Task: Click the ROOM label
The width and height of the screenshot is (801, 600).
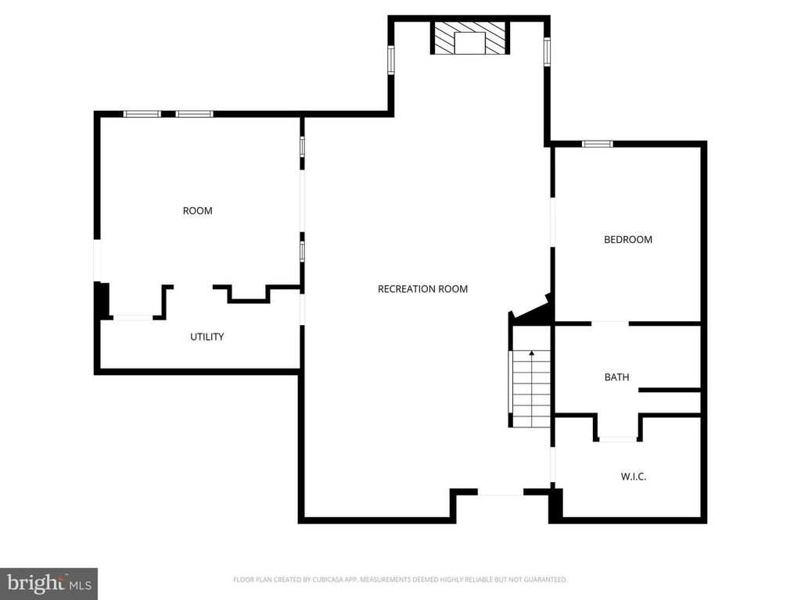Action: coord(198,211)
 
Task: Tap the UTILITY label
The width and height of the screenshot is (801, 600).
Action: coord(207,337)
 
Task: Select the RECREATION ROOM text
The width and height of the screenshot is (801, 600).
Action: coord(422,289)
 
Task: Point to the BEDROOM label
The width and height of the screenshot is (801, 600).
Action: coord(628,239)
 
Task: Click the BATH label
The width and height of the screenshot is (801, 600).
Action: coord(616,377)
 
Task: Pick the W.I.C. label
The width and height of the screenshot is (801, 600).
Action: coord(634,477)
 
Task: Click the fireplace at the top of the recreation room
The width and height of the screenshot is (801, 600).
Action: coord(470,37)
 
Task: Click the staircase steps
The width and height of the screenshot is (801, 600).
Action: coord(531,389)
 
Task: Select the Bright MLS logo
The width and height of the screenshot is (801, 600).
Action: coord(49,584)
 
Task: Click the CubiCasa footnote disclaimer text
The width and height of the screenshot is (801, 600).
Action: coord(400,580)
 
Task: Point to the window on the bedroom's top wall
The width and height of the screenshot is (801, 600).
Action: coord(597,144)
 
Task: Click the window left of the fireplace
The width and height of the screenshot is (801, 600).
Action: coord(391,59)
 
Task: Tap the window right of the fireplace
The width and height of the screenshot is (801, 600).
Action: coord(547,52)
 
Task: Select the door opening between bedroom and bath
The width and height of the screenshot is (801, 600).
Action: coord(610,323)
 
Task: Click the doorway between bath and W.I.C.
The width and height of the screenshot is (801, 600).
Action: coord(618,438)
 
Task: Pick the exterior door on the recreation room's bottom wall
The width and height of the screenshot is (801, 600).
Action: coord(501,492)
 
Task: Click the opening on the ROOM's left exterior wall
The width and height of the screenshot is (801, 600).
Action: coord(97,260)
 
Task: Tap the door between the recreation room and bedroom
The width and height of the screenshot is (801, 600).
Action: coord(552,223)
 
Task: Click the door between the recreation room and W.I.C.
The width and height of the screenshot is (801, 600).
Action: coord(552,466)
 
